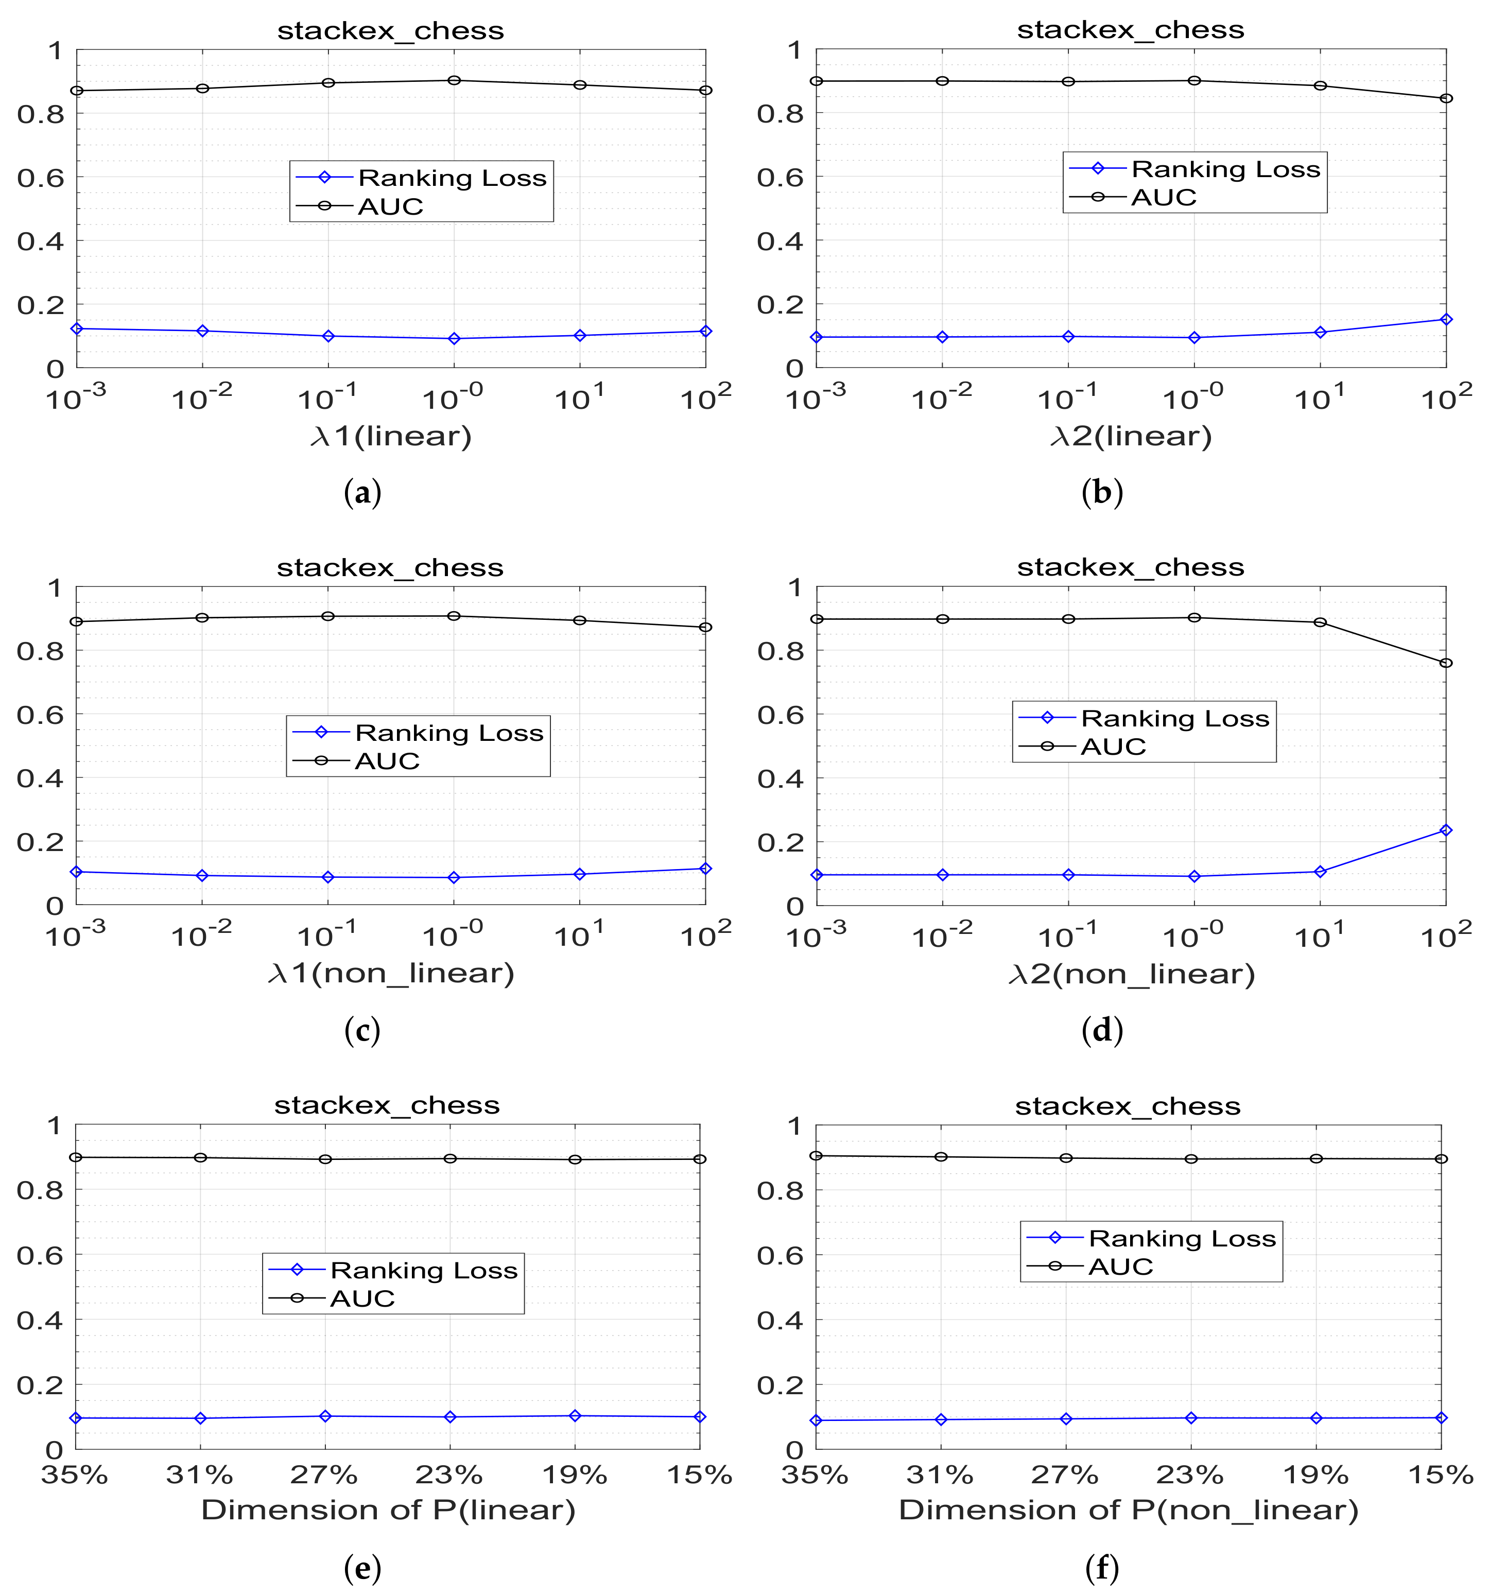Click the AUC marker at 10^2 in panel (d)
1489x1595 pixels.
tap(1446, 663)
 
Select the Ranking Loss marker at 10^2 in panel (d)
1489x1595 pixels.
tap(1446, 830)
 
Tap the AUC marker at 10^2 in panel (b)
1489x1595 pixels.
tap(1446, 99)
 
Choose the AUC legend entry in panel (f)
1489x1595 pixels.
tap(1120, 1267)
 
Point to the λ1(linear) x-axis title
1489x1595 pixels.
tap(391, 437)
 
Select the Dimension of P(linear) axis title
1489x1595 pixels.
tap(388, 1510)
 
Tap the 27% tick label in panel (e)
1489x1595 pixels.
tap(325, 1475)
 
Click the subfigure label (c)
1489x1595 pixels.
tap(362, 1030)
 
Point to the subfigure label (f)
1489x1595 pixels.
tap(1101, 1568)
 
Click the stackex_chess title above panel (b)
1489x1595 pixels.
tap(1130, 30)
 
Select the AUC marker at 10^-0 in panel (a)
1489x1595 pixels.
tap(454, 80)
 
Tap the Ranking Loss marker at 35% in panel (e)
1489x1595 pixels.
tap(75, 1418)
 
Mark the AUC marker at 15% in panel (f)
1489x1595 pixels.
tap(1441, 1158)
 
